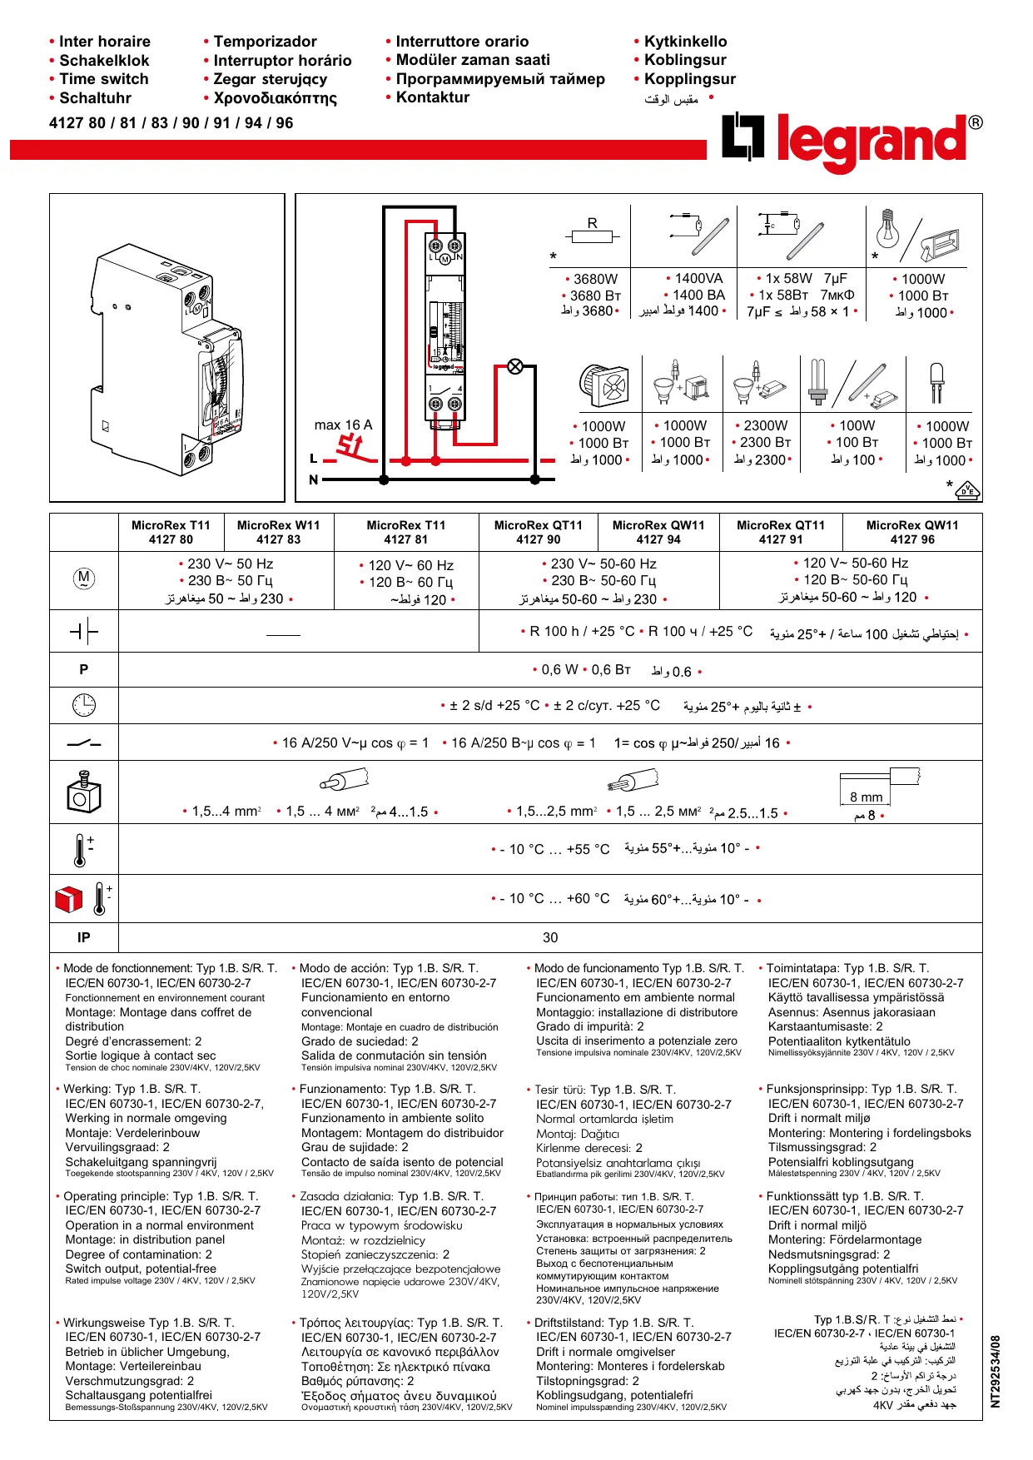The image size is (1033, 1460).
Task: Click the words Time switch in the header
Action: point(103,79)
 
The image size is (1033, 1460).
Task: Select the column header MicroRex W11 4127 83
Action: point(278,533)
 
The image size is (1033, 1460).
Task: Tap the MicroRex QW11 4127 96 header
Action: point(911,533)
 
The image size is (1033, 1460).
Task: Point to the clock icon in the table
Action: point(84,706)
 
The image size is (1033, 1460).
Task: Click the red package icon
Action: point(69,899)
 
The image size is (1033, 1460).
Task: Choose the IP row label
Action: point(84,937)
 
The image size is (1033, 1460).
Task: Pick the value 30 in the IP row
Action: point(550,937)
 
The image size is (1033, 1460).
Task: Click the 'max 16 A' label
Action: point(343,425)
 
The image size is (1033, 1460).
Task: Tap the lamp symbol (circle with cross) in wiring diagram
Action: point(515,366)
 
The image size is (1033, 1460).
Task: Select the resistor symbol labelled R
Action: point(592,236)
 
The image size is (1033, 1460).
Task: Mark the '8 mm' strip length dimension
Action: point(866,797)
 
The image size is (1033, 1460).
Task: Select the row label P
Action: point(84,669)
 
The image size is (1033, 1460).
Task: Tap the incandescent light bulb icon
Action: point(888,229)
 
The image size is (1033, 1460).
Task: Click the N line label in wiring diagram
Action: point(314,479)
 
